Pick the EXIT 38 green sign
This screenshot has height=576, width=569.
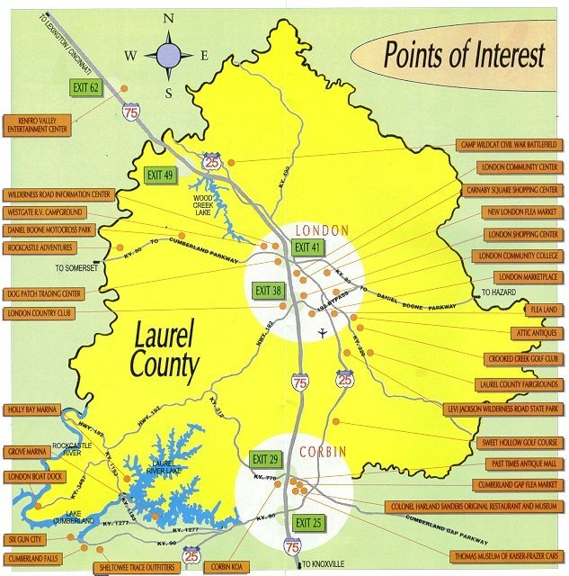click(268, 291)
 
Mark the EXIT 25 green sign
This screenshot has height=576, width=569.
click(307, 523)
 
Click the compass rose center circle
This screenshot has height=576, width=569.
click(168, 55)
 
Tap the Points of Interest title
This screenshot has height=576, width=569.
click(465, 56)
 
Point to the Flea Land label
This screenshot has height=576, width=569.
click(543, 309)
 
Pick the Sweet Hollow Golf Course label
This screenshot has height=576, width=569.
click(520, 444)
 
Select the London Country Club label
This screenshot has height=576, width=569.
click(43, 313)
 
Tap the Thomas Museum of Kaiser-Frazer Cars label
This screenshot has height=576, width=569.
click(493, 555)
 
